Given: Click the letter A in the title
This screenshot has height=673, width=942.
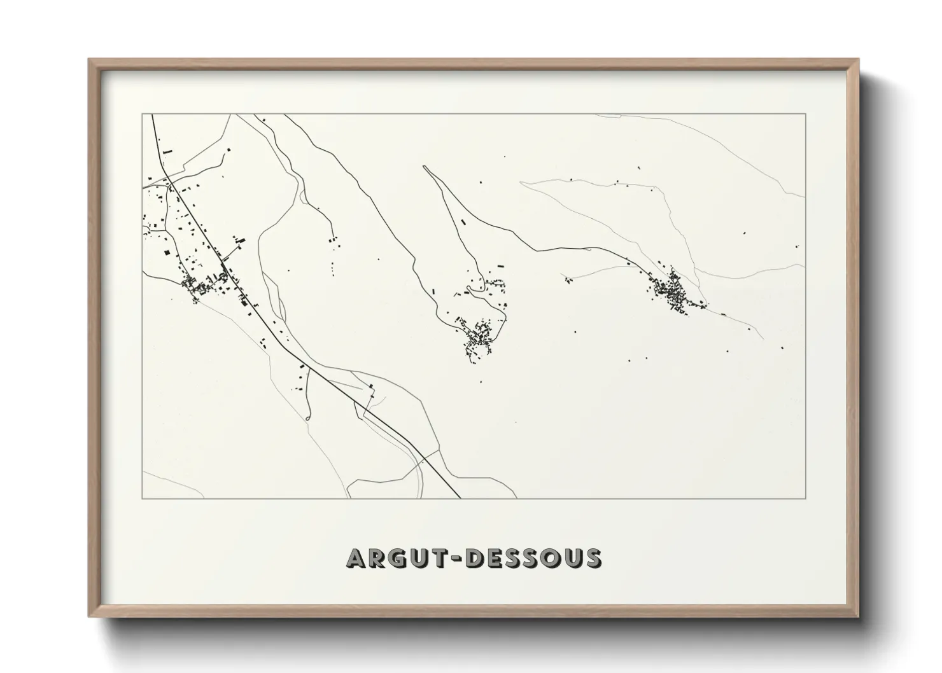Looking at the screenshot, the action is point(356,558).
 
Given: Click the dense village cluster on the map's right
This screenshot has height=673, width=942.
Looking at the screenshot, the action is point(673,292).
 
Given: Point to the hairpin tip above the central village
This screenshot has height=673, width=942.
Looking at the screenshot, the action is point(424,167).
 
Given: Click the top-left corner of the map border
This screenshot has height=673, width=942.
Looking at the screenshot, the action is point(143,114).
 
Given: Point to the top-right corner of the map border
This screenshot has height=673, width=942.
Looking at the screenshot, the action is point(806,114).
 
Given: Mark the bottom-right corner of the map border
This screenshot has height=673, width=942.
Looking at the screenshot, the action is point(806,499).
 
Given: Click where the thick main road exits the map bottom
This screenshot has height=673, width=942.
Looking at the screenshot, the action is point(460,498).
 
